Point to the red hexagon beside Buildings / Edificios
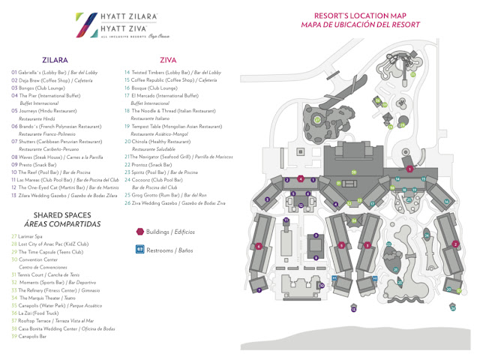[139, 231]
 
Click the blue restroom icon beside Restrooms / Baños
[139, 248]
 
